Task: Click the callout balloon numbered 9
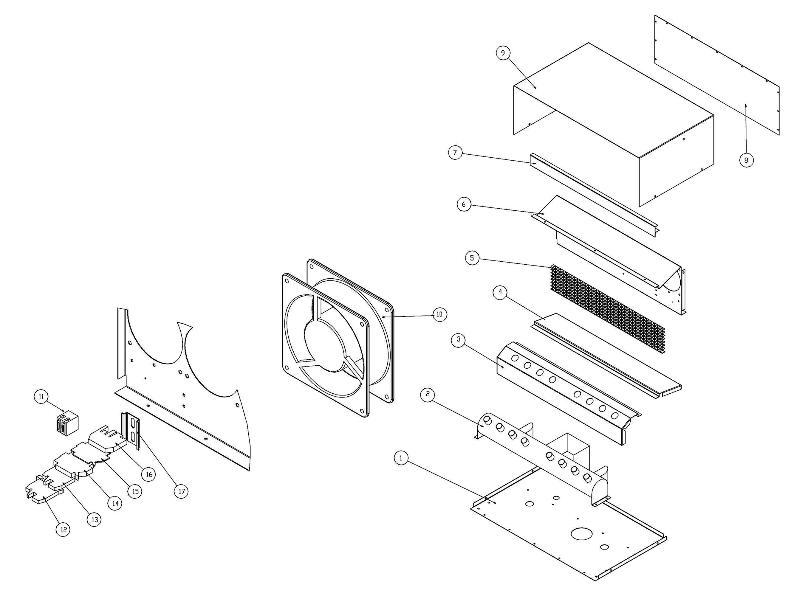click(503, 53)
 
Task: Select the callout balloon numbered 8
click(746, 160)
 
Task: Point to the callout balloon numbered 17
click(181, 491)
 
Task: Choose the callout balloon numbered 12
click(63, 530)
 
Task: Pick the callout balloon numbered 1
click(401, 458)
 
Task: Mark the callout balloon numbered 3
click(459, 339)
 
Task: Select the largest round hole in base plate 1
click(582, 534)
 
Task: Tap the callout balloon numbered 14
click(115, 503)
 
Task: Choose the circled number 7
click(455, 153)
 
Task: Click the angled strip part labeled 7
click(592, 195)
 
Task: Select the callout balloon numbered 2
click(428, 394)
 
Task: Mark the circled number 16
click(149, 474)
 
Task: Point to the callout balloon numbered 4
click(500, 292)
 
